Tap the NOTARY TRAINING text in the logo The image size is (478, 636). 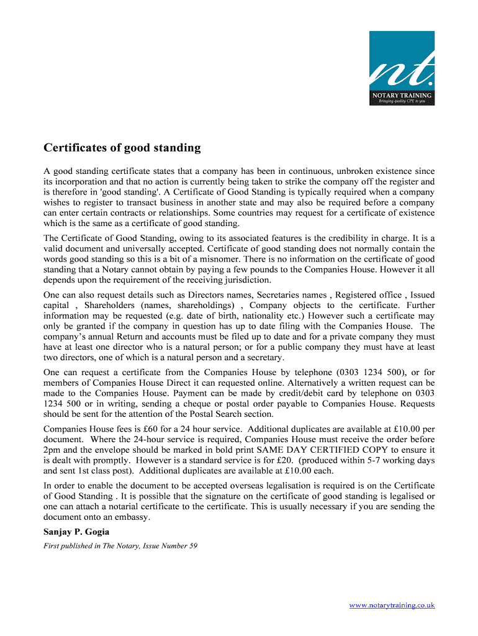[x=402, y=95]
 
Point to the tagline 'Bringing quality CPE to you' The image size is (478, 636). [x=402, y=101]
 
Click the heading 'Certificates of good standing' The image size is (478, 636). [x=122, y=148]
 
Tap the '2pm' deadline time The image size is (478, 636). [x=53, y=450]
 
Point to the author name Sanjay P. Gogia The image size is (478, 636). [x=76, y=532]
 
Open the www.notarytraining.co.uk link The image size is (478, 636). [x=392, y=605]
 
